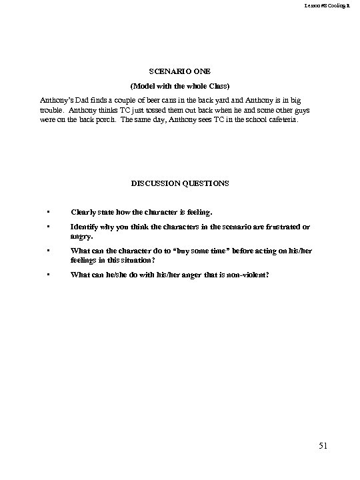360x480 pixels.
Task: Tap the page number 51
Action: point(322,446)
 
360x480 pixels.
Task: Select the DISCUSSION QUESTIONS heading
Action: point(179,182)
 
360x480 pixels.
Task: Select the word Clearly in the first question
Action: point(85,213)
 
